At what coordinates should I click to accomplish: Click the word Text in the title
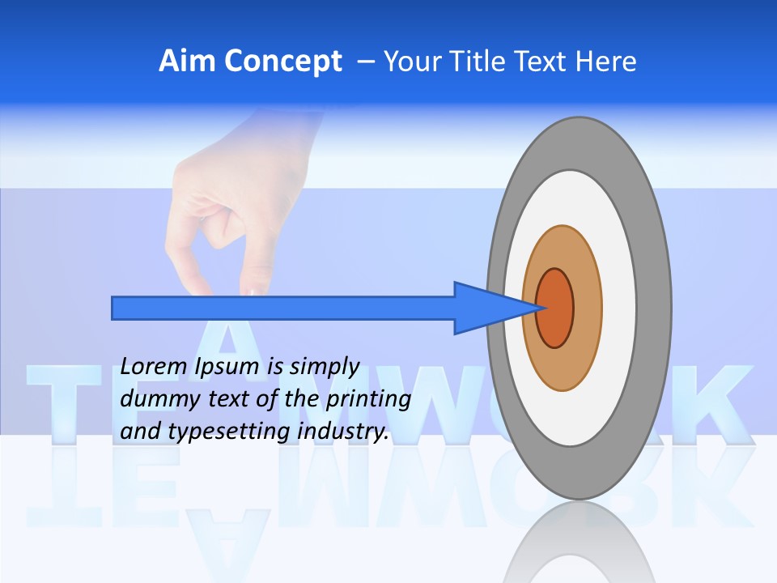[x=542, y=62]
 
